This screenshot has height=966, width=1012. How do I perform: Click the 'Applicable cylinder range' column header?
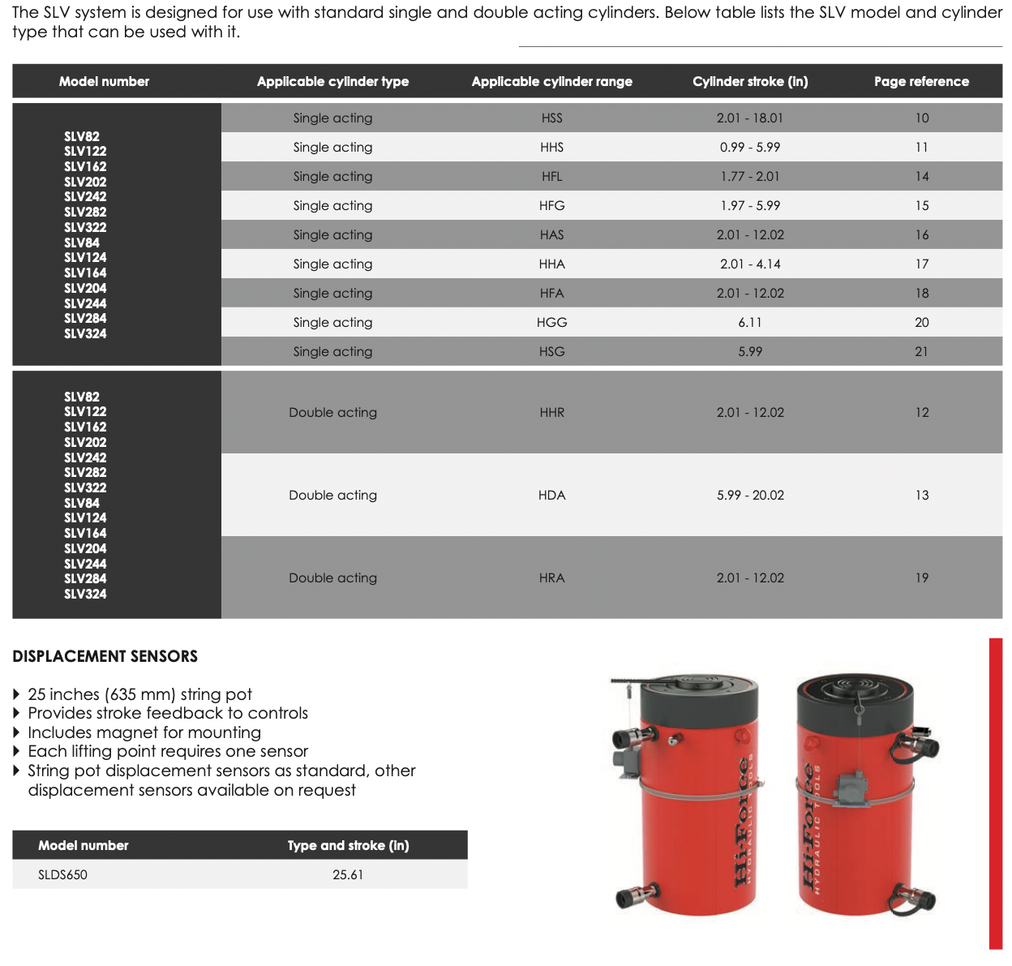[551, 81]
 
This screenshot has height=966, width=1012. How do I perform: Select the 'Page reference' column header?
[921, 81]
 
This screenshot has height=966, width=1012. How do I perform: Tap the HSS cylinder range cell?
[551, 118]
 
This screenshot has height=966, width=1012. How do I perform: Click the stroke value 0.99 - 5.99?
[750, 147]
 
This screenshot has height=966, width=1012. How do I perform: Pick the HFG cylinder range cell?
[551, 205]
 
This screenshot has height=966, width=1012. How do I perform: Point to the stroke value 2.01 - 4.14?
[750, 264]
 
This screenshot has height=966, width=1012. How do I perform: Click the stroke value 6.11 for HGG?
[750, 322]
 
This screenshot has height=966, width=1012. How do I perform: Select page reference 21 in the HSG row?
[921, 351]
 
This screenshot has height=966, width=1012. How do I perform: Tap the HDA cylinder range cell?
[551, 495]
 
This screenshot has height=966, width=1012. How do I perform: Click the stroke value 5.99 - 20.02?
[750, 495]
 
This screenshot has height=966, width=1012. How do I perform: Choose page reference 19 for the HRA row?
[921, 577]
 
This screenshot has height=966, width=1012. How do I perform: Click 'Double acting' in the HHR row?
[332, 412]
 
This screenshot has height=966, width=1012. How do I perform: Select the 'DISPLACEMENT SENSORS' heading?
[105, 656]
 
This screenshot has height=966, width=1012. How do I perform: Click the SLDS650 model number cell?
[62, 874]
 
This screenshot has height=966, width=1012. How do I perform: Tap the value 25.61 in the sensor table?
[348, 874]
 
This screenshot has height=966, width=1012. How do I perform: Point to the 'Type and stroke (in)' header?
[348, 845]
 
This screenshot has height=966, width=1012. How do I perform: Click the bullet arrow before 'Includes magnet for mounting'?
[17, 733]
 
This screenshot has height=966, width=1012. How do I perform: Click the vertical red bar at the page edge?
[995, 793]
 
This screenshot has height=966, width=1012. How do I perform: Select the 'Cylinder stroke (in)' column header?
[750, 81]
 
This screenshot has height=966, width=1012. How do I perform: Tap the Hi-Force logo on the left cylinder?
[741, 819]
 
